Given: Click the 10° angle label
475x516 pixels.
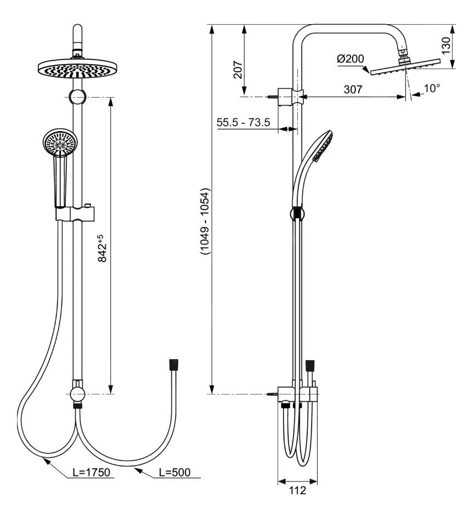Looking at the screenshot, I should [x=432, y=88].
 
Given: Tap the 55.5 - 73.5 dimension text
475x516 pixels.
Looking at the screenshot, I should [x=244, y=122].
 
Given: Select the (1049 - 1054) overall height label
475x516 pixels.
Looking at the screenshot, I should [x=205, y=222].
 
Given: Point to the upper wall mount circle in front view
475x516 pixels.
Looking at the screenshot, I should [x=77, y=98].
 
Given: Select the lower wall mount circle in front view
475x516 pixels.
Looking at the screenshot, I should [x=77, y=393].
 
